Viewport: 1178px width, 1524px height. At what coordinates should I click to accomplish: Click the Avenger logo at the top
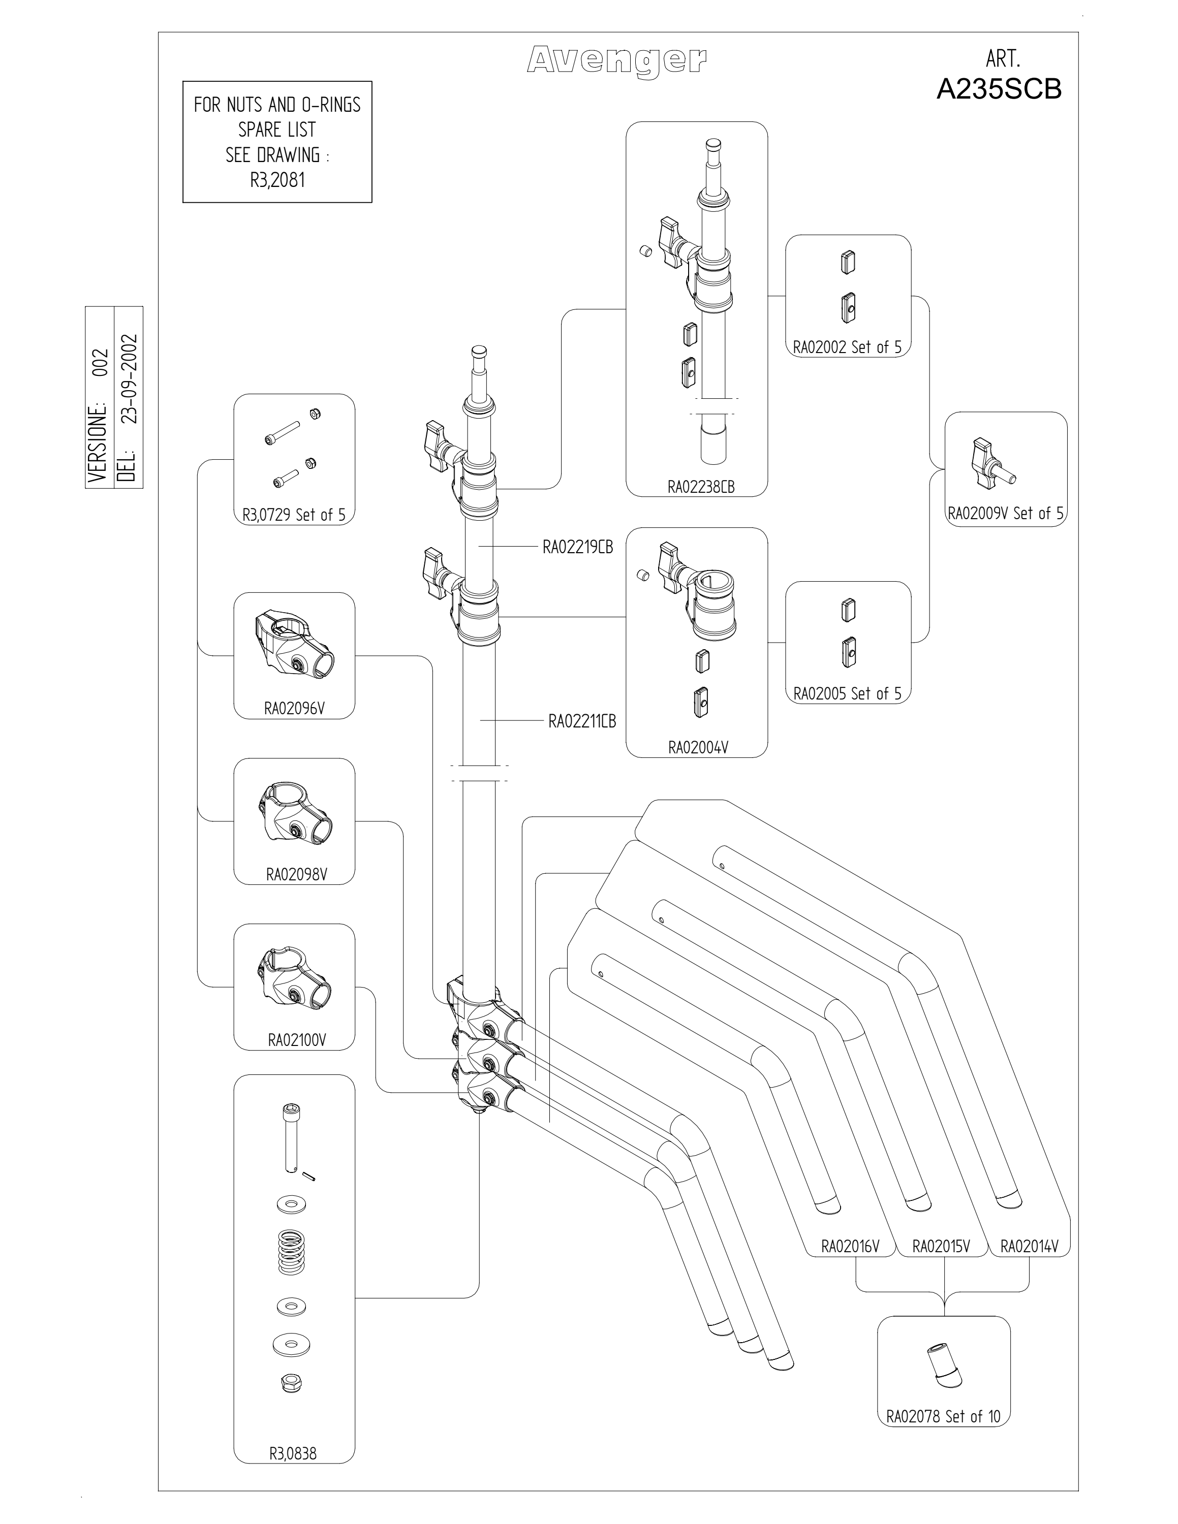(616, 61)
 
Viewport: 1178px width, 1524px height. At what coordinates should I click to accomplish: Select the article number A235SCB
(999, 89)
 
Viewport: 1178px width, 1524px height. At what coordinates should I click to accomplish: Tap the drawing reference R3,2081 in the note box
(277, 180)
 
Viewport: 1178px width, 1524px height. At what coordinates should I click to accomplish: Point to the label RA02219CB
(578, 547)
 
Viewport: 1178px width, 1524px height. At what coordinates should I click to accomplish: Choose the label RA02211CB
(582, 721)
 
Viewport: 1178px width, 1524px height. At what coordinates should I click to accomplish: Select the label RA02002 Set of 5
(847, 347)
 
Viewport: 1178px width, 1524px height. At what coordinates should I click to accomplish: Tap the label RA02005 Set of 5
(847, 693)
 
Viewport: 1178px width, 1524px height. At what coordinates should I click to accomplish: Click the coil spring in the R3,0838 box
(292, 1253)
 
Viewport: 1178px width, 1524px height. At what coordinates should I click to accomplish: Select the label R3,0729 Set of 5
(294, 515)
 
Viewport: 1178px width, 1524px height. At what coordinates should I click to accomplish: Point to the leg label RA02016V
(850, 1246)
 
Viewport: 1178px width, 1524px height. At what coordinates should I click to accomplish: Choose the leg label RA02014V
(1030, 1246)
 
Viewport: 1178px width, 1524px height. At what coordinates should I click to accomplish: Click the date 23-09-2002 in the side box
(130, 379)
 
